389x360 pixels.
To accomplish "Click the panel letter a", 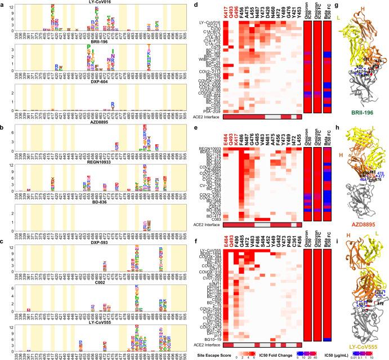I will tap(3, 3).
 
